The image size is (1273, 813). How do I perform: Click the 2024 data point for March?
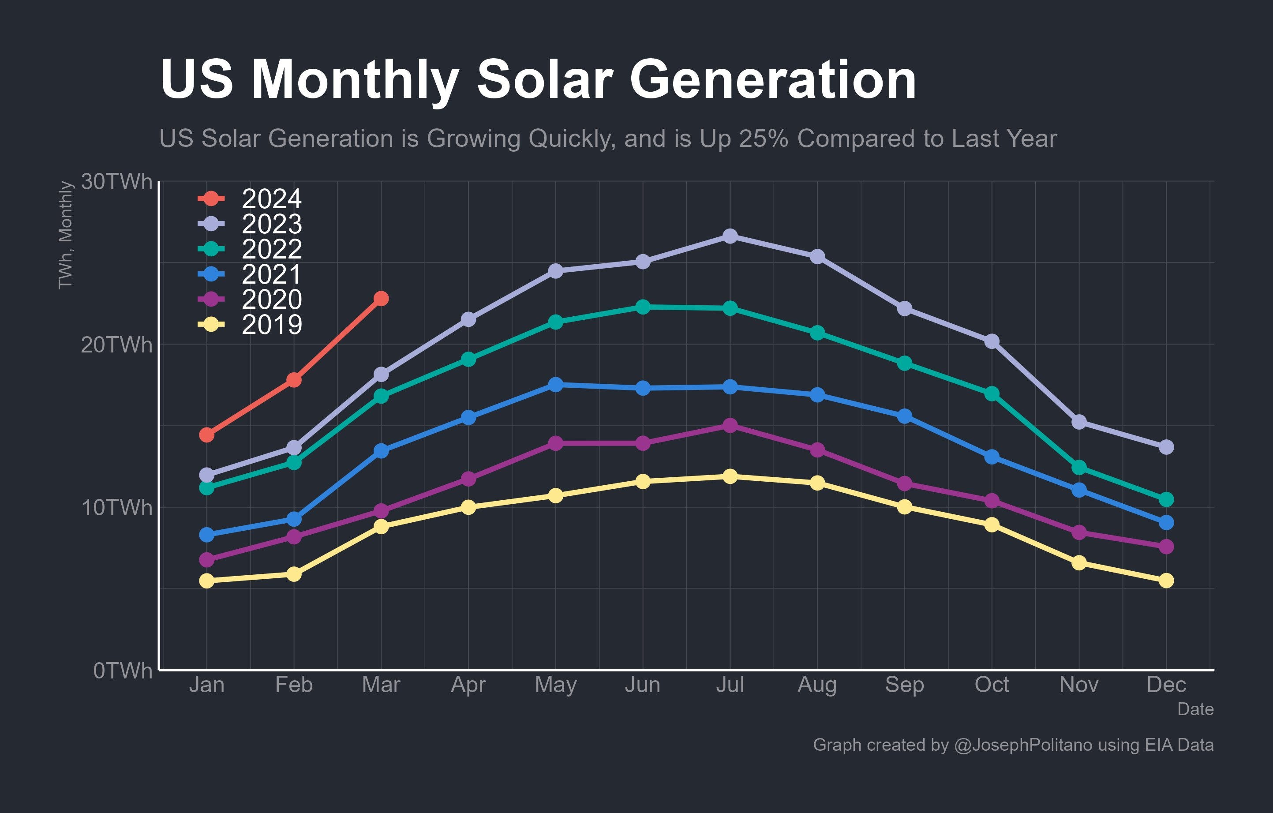[381, 299]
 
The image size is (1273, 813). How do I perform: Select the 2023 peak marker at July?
[730, 236]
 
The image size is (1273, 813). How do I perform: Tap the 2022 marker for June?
[643, 307]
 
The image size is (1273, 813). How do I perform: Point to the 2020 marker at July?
[730, 426]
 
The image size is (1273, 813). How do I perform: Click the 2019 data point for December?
[1166, 581]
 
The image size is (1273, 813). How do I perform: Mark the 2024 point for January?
[207, 435]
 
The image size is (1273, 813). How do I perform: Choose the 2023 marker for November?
[1079, 422]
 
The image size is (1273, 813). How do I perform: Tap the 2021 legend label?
[271, 274]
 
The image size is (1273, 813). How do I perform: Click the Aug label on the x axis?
[817, 685]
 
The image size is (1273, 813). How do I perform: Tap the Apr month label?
[468, 685]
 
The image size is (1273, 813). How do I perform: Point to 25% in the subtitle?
[764, 139]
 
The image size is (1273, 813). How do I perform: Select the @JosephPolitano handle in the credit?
[1023, 745]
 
